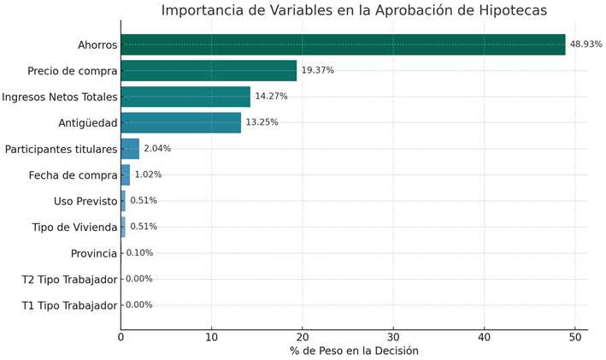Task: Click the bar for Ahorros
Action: [343, 44]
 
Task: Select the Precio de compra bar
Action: [209, 70]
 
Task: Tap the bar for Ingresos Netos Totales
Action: [185, 97]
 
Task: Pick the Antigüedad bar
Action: [180, 122]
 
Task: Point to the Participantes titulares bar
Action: [130, 149]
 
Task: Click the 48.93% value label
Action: [585, 44]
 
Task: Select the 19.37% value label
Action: [317, 70]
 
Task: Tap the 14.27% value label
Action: [271, 97]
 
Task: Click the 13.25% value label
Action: [262, 122]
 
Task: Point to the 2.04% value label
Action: [157, 149]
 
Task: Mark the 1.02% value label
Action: [148, 174]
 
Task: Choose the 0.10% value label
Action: [139, 253]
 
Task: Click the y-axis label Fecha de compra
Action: [73, 175]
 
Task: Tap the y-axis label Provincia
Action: [93, 253]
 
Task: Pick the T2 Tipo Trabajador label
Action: [68, 280]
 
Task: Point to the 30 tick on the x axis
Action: [393, 337]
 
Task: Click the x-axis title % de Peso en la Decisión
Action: [354, 351]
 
